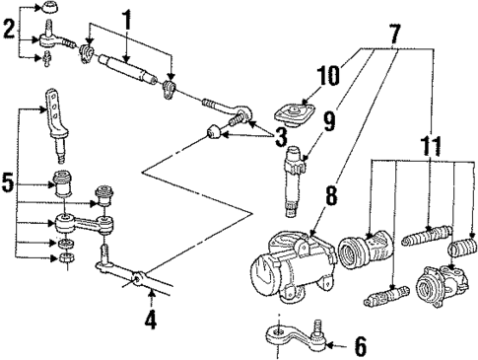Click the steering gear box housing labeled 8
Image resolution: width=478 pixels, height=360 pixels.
pyautogui.click(x=286, y=264)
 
